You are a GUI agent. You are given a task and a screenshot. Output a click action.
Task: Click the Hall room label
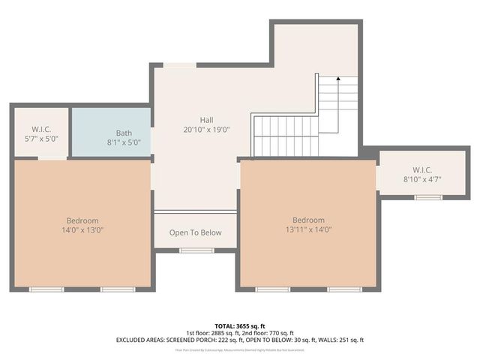tap(206, 120)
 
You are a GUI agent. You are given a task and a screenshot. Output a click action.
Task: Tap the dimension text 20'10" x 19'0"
tap(206, 130)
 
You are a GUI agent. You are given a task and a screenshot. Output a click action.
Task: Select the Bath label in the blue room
tap(123, 133)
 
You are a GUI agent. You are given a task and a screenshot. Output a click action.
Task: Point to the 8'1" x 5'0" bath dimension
tap(123, 142)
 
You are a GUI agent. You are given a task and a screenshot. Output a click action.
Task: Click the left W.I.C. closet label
tap(41, 129)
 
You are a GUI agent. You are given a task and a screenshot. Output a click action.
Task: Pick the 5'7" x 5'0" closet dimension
tap(41, 139)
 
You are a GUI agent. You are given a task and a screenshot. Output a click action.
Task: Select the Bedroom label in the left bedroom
tap(82, 220)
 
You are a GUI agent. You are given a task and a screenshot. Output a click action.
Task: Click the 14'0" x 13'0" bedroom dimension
tap(82, 230)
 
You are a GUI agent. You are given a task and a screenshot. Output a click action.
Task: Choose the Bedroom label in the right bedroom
tap(308, 220)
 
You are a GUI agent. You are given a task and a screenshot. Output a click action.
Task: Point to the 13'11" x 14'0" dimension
tap(308, 229)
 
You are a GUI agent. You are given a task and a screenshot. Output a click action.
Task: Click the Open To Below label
tap(196, 232)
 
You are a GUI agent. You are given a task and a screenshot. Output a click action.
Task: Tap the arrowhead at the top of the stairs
tap(337, 77)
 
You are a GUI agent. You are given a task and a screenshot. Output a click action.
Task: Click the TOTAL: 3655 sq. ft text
tap(239, 325)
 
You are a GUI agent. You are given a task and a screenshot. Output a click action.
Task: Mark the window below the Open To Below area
tap(196, 250)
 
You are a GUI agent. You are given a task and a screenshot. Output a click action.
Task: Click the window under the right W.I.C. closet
tap(428, 196)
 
